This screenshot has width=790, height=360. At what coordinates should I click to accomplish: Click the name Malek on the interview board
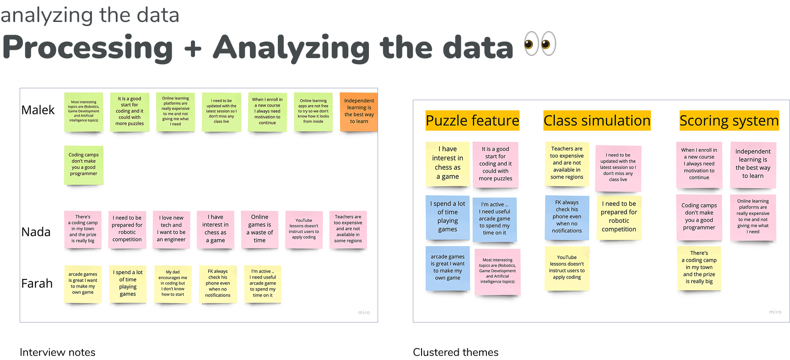38,110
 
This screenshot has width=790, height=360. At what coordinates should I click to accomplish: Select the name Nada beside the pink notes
36,232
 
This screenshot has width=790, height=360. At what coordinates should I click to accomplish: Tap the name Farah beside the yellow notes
37,284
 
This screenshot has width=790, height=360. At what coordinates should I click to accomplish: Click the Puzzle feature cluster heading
472,121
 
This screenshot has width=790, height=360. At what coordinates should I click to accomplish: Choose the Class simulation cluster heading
597,121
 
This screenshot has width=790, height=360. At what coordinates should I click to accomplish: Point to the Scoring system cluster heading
729,121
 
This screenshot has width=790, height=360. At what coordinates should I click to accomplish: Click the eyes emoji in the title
540,44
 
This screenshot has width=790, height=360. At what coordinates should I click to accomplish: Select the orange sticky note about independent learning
359,111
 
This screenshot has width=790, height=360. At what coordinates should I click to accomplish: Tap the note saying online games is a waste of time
260,229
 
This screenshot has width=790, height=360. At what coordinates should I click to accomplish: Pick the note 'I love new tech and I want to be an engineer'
171,229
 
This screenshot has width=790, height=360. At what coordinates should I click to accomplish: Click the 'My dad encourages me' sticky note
173,283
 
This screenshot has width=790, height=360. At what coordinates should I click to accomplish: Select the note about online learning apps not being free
313,111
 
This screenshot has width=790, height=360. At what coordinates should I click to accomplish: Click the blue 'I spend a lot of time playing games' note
447,217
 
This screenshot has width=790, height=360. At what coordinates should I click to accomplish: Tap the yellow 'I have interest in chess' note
447,163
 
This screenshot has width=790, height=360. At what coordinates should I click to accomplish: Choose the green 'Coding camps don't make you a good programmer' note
84,165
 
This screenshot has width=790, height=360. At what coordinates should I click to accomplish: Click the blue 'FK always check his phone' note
567,217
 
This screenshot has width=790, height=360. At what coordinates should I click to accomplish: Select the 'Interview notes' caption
58,352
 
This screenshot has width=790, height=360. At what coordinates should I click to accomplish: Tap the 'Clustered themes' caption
455,352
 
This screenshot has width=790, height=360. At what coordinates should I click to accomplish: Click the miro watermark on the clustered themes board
775,312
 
